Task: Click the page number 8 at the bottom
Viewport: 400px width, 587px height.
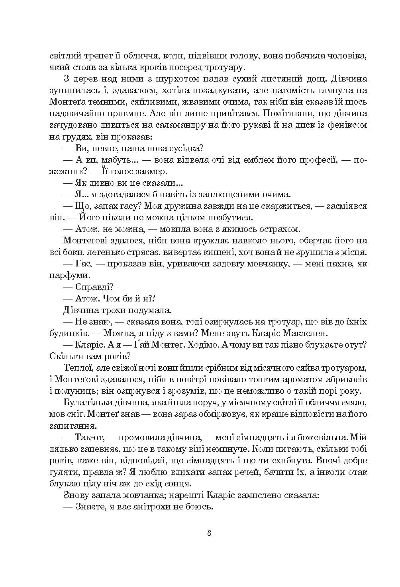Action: [x=209, y=533]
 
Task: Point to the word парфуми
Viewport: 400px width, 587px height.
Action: [x=65, y=275]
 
